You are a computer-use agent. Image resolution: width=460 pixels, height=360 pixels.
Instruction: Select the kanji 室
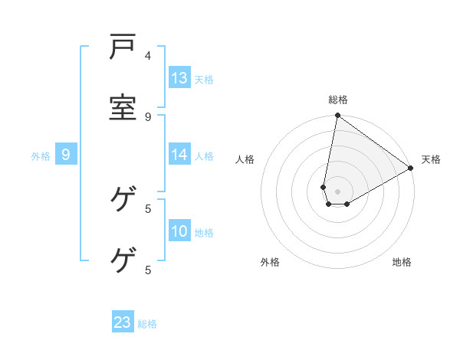123,107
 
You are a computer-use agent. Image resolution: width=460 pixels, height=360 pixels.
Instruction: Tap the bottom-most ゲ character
123,260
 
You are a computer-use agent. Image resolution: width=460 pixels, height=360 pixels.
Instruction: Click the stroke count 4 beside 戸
148,55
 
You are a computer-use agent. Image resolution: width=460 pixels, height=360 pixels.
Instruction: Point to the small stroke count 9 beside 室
148,116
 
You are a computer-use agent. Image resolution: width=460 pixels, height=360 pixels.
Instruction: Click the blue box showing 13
179,78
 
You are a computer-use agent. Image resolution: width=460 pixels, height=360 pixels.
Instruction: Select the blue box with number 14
179,155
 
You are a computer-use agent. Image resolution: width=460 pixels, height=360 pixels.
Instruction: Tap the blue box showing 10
179,231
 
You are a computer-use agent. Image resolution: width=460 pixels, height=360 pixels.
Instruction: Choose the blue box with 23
123,322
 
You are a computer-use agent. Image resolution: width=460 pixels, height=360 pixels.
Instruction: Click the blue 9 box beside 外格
66,155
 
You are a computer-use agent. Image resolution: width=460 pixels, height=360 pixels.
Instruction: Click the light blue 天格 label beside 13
204,80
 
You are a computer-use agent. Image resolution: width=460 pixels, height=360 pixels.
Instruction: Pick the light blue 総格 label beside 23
147,324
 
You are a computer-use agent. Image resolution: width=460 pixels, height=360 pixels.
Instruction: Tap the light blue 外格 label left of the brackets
41,156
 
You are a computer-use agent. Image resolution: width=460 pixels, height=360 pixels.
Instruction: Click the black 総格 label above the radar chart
338,100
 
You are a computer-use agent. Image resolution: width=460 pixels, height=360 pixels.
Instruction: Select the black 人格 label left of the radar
245,159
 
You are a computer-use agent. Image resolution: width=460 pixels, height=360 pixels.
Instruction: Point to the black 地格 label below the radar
402,262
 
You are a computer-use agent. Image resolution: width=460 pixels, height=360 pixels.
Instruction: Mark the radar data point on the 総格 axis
337,116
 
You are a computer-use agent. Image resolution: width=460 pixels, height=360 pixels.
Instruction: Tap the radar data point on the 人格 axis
324,187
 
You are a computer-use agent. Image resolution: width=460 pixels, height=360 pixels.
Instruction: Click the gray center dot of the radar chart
337,191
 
